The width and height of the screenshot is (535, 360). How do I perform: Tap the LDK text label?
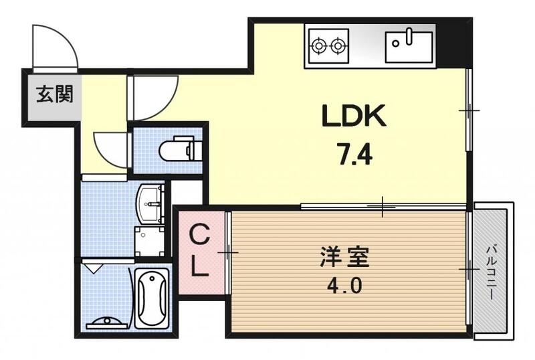click(354, 117)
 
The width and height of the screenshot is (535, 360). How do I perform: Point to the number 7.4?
click(353, 155)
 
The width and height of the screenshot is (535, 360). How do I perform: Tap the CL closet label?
click(199, 252)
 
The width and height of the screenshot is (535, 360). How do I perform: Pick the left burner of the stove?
click(319, 46)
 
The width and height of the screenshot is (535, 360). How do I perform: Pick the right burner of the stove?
click(338, 46)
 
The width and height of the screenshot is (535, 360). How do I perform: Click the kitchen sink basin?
click(409, 46)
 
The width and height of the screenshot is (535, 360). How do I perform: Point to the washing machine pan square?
click(148, 242)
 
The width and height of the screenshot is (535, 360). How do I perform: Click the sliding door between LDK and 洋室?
click(383, 206)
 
